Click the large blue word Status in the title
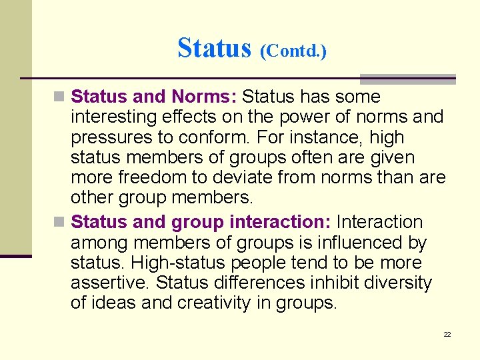(x=214, y=47)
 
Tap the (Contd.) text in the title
(x=293, y=50)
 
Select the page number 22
(x=447, y=334)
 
